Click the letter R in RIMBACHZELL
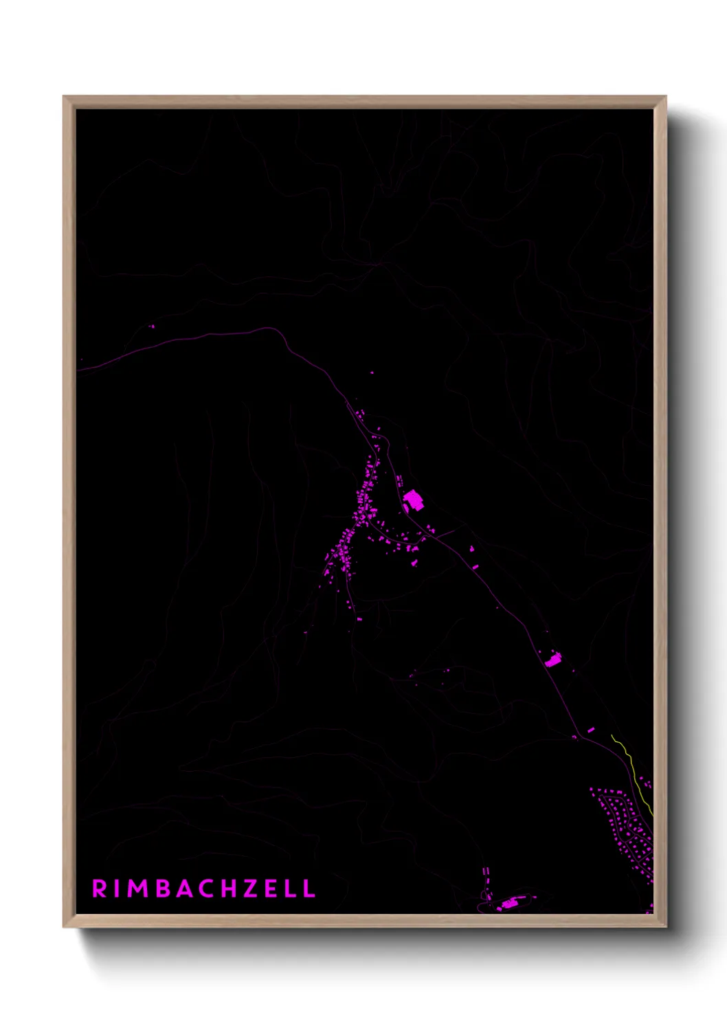100,889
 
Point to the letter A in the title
185,889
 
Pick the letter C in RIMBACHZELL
207,889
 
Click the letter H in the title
230,889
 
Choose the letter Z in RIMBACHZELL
251,889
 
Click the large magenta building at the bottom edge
509,904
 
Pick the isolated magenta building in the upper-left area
153,326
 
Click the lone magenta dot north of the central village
372,373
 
